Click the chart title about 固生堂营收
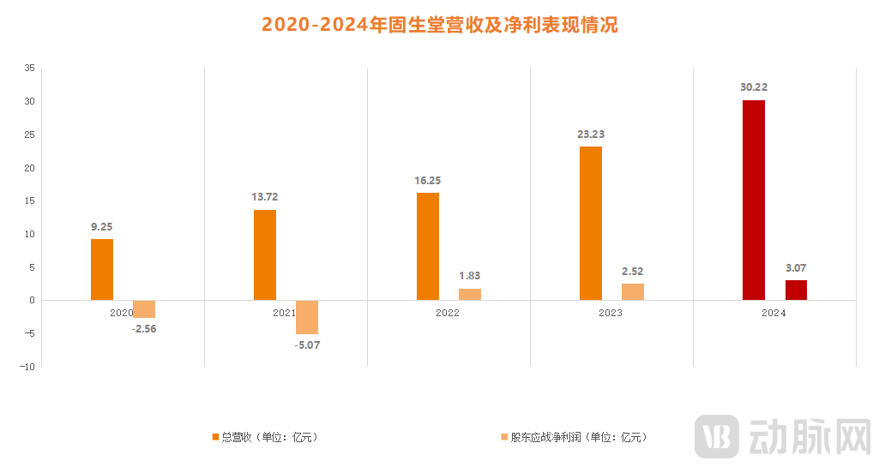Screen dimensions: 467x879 click(x=439, y=25)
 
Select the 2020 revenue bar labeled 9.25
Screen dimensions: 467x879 click(x=102, y=269)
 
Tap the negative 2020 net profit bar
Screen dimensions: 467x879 click(x=144, y=309)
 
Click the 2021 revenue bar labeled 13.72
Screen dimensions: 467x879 click(x=265, y=254)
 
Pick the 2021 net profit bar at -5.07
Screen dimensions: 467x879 click(x=307, y=317)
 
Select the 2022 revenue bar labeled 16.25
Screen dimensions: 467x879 click(x=428, y=246)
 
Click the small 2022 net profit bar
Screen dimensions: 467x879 click(x=470, y=294)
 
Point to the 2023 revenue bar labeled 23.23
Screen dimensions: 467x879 click(x=591, y=223)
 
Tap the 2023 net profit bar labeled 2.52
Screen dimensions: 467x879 click(x=633, y=291)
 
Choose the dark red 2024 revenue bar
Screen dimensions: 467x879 click(x=754, y=200)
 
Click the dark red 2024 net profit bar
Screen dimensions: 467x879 click(x=796, y=290)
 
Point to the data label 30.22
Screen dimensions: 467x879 click(x=754, y=87)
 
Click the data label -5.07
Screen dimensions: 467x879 click(x=307, y=344)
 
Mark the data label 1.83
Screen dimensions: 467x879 click(x=470, y=275)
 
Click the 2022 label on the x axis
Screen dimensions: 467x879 click(x=447, y=313)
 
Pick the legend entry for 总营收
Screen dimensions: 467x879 click(x=265, y=437)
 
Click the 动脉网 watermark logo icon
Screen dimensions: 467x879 click(x=717, y=437)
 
